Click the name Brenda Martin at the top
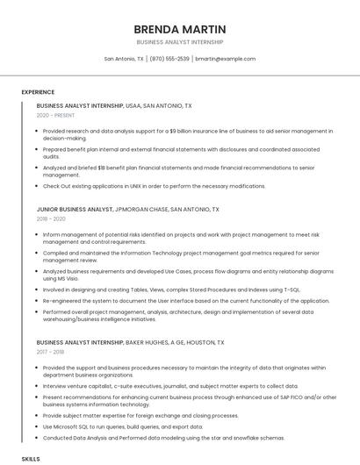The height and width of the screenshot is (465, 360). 180,29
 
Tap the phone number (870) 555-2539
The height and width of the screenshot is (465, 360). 169,59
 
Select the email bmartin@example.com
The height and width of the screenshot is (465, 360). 225,59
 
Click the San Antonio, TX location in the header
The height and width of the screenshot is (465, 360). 124,59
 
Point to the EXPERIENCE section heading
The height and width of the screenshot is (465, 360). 38,91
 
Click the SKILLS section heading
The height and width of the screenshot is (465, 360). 31,458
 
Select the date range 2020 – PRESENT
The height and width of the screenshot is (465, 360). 55,115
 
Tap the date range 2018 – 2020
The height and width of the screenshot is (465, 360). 51,219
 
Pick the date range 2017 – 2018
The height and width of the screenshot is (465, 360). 51,352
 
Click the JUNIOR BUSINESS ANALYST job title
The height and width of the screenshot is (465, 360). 75,210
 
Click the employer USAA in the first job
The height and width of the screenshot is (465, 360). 134,105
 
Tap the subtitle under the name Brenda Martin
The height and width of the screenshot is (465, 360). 180,41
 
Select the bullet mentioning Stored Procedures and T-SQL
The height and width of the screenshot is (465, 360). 171,289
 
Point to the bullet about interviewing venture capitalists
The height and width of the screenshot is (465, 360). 158,385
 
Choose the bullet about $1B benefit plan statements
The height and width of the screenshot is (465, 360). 176,171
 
